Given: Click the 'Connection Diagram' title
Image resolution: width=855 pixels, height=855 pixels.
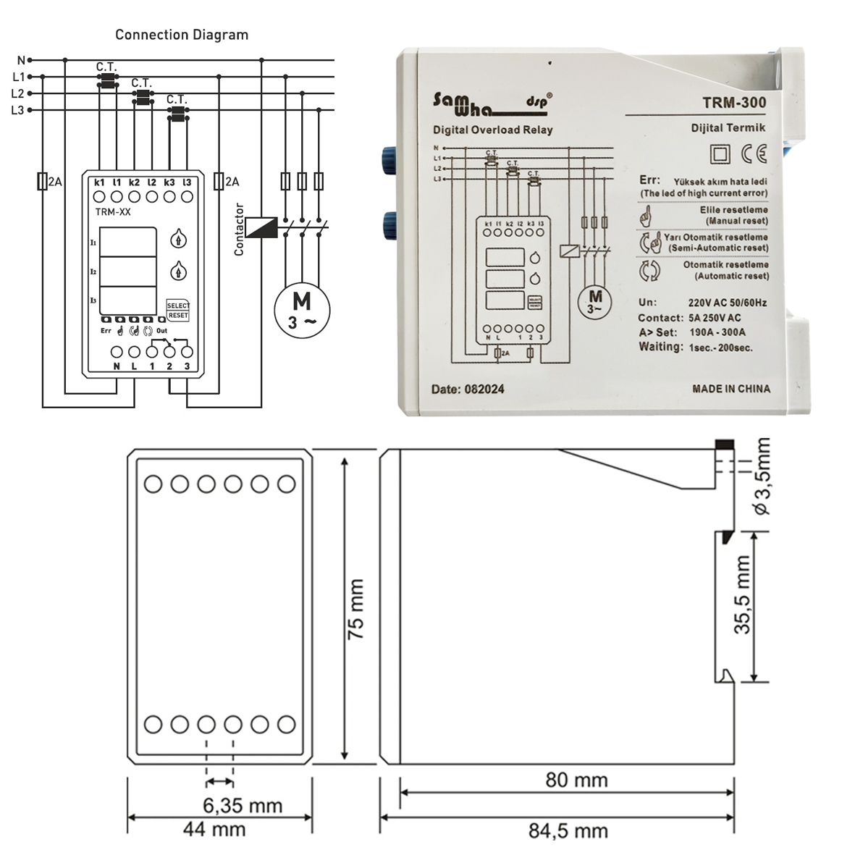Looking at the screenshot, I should click(182, 35).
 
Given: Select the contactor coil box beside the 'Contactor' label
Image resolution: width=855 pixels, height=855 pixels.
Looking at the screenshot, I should click(261, 227).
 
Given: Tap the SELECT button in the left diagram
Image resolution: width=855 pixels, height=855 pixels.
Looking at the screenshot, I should click(178, 306).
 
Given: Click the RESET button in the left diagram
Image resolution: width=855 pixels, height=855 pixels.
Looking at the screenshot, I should click(178, 316).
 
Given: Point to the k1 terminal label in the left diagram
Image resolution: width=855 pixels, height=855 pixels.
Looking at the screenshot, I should click(99, 182).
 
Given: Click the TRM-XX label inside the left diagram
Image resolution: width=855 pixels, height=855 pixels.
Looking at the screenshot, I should click(113, 212).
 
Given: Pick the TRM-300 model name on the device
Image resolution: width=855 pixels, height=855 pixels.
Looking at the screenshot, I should click(733, 103).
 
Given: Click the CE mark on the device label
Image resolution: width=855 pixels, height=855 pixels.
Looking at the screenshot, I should click(753, 153).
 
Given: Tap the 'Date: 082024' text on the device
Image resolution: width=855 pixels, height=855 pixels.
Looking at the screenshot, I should click(468, 389).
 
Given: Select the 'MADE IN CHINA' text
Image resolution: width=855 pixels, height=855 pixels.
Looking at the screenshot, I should click(731, 389).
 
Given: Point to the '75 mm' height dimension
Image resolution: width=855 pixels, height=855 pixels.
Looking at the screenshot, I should click(355, 608).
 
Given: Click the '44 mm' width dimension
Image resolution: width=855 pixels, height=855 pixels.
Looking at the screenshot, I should click(214, 829).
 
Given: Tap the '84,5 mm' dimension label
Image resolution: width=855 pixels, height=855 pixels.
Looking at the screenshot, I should click(568, 831).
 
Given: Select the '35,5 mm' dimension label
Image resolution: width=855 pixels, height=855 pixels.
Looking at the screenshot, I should click(743, 595).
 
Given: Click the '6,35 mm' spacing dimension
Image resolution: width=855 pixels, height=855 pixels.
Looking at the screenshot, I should click(242, 805).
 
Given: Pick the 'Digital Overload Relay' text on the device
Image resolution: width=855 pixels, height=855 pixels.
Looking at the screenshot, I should click(492, 130).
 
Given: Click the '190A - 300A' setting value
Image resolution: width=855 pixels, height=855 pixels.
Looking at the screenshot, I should click(717, 332).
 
